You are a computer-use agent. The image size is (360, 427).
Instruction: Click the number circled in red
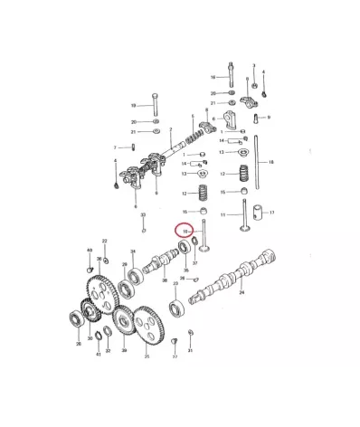(x=185, y=232)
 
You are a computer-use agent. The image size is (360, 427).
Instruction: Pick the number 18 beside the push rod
(x=271, y=162)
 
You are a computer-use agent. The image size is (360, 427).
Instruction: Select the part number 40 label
(x=89, y=249)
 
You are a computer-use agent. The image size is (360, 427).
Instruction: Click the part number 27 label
(x=175, y=356)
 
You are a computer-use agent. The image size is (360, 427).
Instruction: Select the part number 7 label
(x=115, y=147)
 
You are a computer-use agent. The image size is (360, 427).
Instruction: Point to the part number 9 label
(x=269, y=117)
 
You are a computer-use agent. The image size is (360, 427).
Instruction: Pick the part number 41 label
(x=98, y=354)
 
